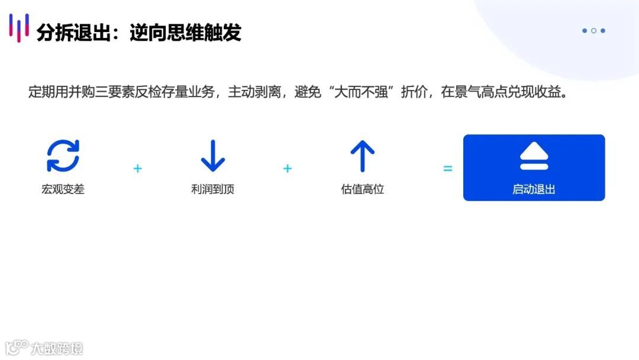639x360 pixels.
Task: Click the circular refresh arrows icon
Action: click(63, 156)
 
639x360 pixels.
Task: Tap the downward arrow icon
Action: click(212, 156)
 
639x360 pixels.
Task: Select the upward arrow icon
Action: click(362, 156)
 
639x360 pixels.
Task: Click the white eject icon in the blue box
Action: click(534, 156)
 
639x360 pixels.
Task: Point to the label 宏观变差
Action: click(63, 189)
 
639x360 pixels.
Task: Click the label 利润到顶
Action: click(212, 189)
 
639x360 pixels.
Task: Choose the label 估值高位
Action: click(362, 189)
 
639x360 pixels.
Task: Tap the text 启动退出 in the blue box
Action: click(534, 189)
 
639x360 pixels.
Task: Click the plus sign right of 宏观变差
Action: click(138, 169)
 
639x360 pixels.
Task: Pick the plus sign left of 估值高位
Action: click(288, 169)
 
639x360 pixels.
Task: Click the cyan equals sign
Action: click(448, 169)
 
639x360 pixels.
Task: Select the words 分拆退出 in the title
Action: click(73, 33)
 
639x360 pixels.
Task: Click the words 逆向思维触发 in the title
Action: click(185, 33)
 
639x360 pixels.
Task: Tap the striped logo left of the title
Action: click(19, 27)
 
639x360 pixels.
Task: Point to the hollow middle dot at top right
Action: click(593, 31)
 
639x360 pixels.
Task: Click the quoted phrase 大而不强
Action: click(364, 93)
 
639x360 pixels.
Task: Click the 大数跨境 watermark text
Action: click(57, 348)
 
